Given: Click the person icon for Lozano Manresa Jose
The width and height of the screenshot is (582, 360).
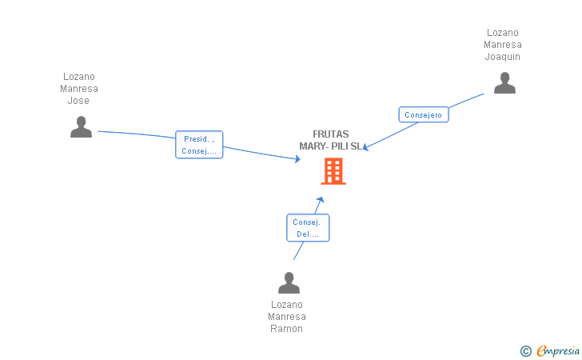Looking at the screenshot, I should click(81, 127).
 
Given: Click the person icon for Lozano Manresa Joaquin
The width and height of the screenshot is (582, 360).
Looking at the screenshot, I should click(504, 83).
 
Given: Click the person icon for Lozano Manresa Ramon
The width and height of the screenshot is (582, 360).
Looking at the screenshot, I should click(289, 282).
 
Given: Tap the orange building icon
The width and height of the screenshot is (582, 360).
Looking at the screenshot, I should click(333, 171).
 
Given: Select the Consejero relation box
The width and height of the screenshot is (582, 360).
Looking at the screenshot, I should click(423, 114).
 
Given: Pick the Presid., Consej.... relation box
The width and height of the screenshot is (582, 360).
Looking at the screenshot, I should click(199, 145).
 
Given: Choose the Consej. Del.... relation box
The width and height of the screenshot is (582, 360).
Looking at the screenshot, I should click(308, 228).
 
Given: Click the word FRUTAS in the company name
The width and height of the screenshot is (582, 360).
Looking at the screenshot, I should click(331, 134).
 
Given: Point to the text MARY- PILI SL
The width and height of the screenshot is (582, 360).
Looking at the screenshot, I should click(330, 146).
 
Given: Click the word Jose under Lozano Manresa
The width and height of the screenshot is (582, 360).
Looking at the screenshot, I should click(78, 101).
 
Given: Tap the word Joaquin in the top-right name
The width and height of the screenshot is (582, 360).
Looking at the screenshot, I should click(503, 57).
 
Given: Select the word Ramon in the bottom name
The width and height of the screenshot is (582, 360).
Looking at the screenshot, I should click(286, 329).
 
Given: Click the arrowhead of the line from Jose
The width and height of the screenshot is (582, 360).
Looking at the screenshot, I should click(297, 159).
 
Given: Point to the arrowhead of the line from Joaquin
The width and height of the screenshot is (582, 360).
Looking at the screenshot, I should click(366, 147).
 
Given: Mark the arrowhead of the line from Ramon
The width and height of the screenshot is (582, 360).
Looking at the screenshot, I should click(321, 198).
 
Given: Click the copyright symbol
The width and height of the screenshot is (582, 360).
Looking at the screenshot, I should click(525, 350).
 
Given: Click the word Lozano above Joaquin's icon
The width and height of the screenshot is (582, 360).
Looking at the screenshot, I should click(503, 33).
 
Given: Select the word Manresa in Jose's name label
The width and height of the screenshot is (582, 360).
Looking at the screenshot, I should click(78, 89).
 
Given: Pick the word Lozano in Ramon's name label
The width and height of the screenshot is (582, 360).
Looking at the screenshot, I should click(287, 305).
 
